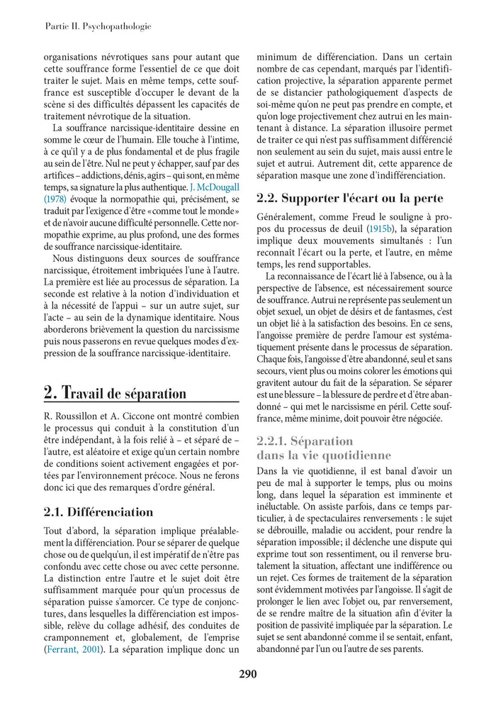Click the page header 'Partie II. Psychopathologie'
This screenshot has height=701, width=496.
pyautogui.click(x=98, y=27)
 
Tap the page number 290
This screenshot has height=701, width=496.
pyautogui.click(x=247, y=674)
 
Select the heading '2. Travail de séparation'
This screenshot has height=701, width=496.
pyautogui.click(x=115, y=392)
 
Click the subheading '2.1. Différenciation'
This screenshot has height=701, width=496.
pyautogui.click(x=98, y=512)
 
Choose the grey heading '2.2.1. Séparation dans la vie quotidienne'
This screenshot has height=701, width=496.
pyautogui.click(x=324, y=448)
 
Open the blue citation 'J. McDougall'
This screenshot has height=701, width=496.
pyautogui.click(x=214, y=187)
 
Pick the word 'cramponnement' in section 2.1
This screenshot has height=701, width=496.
pyautogui.click(x=77, y=636)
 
